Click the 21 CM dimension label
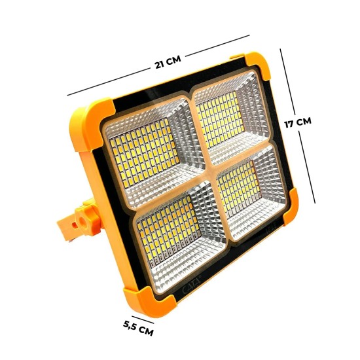[x=168, y=62]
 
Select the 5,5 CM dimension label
[x=138, y=328]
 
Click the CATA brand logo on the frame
[x=192, y=284]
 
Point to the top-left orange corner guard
[x=90, y=124]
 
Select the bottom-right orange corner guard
[x=291, y=207]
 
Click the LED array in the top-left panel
[x=144, y=153]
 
